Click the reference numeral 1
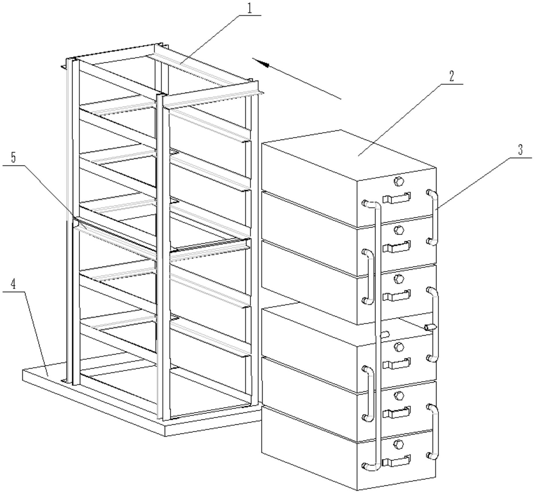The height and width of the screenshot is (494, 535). coord(250,9)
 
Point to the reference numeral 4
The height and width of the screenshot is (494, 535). coord(13,284)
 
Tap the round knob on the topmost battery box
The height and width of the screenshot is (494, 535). coord(398,181)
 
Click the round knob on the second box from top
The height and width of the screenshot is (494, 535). coord(398,230)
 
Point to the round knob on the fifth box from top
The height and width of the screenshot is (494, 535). coord(398,396)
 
